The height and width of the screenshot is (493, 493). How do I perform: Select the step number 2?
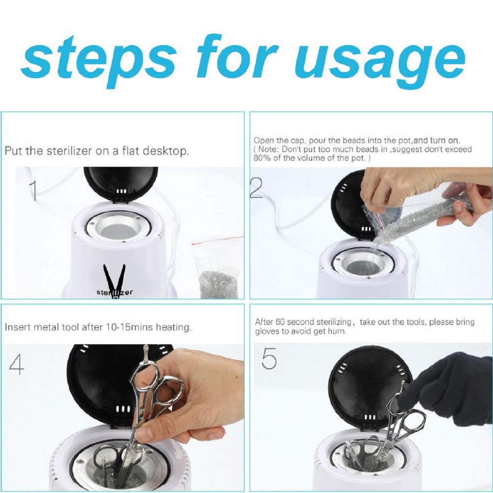tap(256, 188)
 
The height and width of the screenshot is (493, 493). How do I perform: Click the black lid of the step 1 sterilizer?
tap(121, 185)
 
